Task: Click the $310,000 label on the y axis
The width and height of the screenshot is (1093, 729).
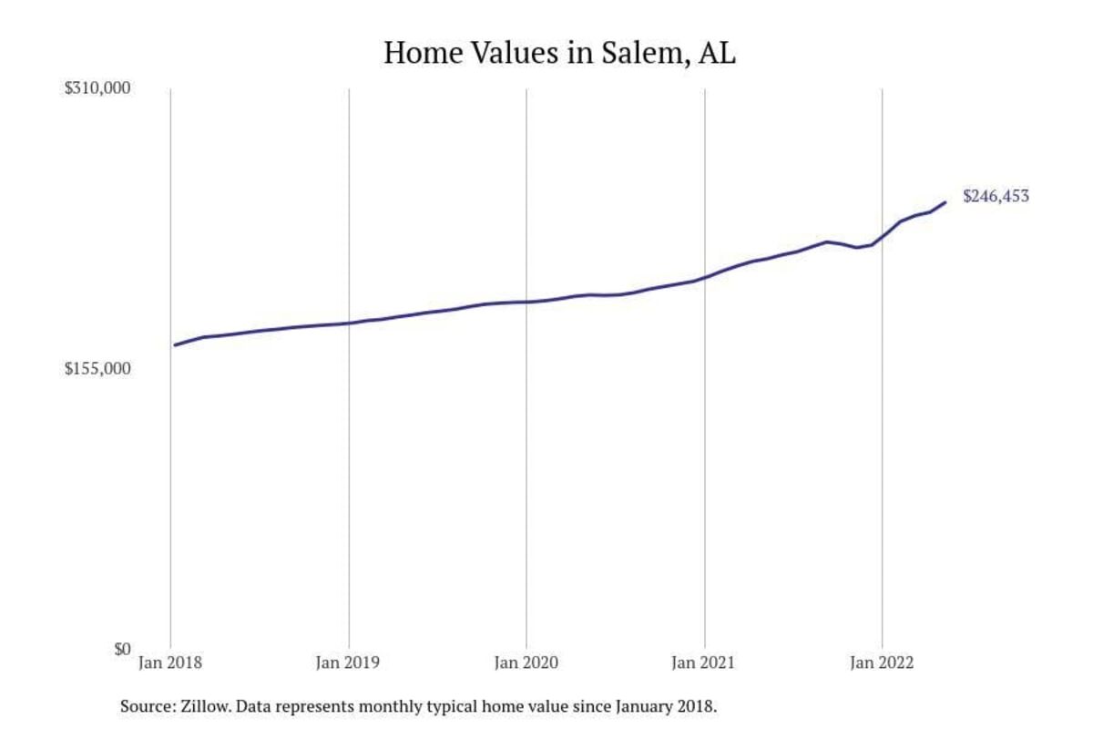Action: (98, 88)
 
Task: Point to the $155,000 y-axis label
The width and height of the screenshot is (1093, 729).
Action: (98, 369)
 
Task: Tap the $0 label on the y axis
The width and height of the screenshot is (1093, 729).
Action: (121, 650)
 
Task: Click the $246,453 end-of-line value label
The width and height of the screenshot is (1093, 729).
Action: (996, 196)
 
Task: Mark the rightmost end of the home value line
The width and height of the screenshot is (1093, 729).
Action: (945, 202)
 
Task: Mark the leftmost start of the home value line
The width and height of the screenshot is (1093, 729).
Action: (175, 344)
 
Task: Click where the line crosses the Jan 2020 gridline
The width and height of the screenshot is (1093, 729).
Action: (526, 302)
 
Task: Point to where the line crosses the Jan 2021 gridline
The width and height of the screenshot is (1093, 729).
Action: (704, 277)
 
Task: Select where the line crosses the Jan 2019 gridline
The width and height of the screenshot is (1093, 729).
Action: (349, 323)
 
